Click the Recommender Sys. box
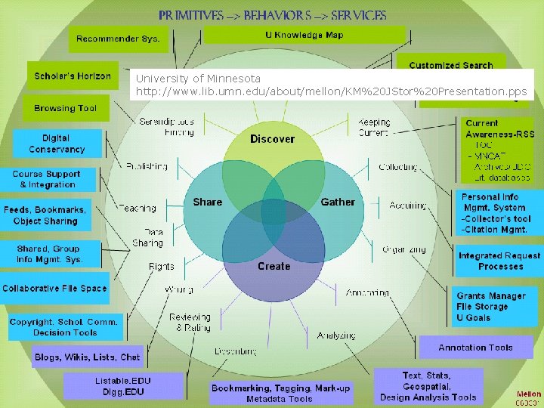point(118,39)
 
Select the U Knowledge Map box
point(304,36)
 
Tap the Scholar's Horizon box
point(73,76)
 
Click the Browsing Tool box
point(65,108)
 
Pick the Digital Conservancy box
point(57,144)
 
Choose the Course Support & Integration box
point(47,179)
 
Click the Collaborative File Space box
point(54,288)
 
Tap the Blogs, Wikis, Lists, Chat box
point(87,357)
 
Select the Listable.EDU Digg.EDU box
point(123,386)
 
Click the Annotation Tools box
point(475,348)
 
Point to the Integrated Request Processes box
point(499,261)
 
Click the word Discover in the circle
point(272,139)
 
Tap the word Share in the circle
point(207,202)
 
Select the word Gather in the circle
point(338,202)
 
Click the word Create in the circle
point(274,266)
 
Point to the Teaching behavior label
point(137,208)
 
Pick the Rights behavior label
point(161,266)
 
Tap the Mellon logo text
point(528,394)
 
